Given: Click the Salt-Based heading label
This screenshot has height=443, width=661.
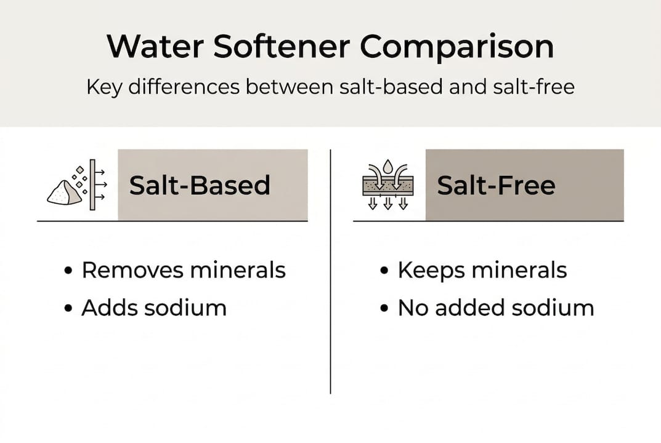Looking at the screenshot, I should tap(200, 185).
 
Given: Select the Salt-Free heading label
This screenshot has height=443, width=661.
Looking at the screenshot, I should tap(496, 185).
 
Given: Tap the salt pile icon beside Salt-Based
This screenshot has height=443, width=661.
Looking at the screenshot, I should tap(64, 193).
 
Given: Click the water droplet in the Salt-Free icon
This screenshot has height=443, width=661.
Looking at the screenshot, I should tap(387, 166).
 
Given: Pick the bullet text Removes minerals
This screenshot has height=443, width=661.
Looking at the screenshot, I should tap(184, 270).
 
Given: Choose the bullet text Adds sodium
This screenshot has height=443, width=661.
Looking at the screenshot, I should tap(153, 308).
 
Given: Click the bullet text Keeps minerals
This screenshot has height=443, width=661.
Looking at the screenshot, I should tap(482, 270).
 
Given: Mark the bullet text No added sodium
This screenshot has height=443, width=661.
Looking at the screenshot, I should tap(495, 308).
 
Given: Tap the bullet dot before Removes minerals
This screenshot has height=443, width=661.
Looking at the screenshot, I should tap(68, 271).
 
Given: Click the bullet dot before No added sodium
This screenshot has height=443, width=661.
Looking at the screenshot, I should tap(384, 308).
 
